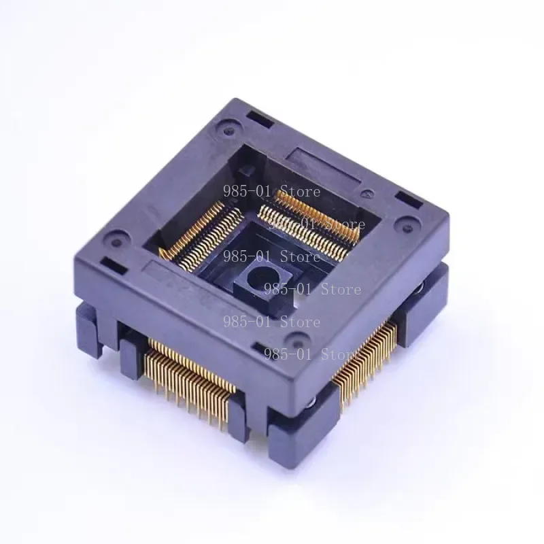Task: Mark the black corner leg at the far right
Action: tap(428, 299)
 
